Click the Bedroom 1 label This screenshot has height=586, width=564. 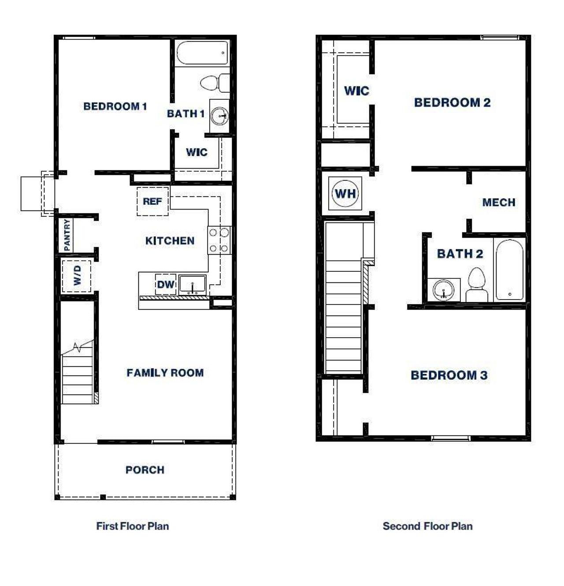(x=115, y=106)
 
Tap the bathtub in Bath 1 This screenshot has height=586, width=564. (x=203, y=53)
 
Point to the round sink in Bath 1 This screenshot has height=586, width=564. (x=219, y=116)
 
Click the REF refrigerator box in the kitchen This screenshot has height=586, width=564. (x=152, y=202)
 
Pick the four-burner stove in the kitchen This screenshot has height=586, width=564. (x=219, y=240)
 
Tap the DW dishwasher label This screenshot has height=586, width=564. (x=166, y=285)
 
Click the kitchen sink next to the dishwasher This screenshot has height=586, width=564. (x=193, y=285)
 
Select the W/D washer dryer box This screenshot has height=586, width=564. (x=77, y=276)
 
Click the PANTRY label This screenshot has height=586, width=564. (x=67, y=235)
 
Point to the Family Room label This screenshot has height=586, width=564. (x=165, y=373)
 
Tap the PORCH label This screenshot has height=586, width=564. (x=145, y=470)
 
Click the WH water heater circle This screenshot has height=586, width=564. (x=345, y=194)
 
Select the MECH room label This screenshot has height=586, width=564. (x=499, y=203)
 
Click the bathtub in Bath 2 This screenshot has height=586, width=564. (x=509, y=270)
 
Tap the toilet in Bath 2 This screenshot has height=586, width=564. (x=476, y=285)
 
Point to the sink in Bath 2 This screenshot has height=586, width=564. (x=443, y=290)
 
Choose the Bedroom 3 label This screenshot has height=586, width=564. (x=449, y=376)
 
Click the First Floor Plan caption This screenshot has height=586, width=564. (x=133, y=526)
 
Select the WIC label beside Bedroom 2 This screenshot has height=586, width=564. (x=356, y=91)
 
